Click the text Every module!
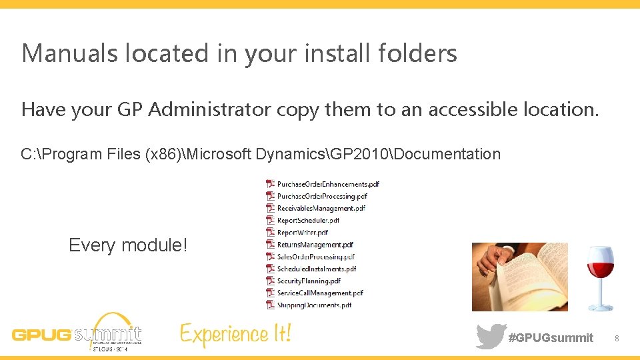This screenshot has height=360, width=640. pyautogui.click(x=128, y=245)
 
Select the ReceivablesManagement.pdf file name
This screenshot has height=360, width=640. pyautogui.click(x=321, y=208)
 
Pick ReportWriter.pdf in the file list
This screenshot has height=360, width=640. pyautogui.click(x=303, y=233)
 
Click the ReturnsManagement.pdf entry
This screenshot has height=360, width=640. pyautogui.click(x=315, y=245)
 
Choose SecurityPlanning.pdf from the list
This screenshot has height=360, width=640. pyautogui.click(x=309, y=281)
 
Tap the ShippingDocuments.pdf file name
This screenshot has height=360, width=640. pyautogui.click(x=314, y=305)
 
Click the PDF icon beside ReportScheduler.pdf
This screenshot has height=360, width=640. pyautogui.click(x=270, y=220)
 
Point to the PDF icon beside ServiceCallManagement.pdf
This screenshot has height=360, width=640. pyautogui.click(x=270, y=293)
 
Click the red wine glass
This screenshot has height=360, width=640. pyautogui.click(x=599, y=277)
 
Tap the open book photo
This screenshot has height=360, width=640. pyautogui.click(x=520, y=277)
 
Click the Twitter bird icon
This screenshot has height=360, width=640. pyautogui.click(x=491, y=336)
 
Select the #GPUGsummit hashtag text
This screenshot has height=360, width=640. pyautogui.click(x=551, y=338)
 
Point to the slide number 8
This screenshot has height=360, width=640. pyautogui.click(x=617, y=339)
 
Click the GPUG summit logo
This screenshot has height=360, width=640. pyautogui.click(x=77, y=332)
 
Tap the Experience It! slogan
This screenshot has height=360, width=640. pyautogui.click(x=235, y=333)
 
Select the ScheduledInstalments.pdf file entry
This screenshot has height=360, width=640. pyautogui.click(x=317, y=269)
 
